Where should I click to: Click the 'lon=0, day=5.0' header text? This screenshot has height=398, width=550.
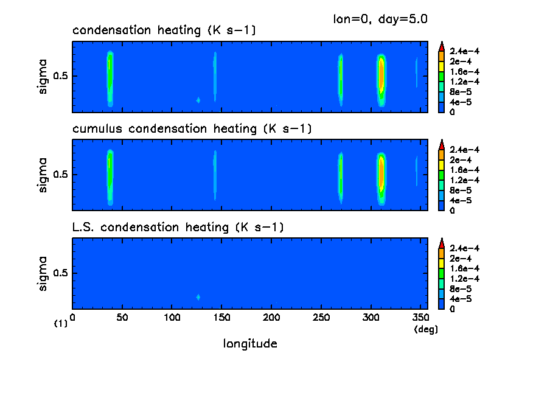pos(380,18)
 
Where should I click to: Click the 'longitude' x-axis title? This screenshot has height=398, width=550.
pos(250,344)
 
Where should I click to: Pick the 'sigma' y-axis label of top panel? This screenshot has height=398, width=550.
pos(43,77)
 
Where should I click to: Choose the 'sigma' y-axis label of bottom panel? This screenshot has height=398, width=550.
pos(43,274)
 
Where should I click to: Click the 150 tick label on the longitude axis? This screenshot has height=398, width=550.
pos(222,317)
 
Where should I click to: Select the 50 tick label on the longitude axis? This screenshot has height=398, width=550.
pos(122,317)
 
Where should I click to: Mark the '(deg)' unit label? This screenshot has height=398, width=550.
pos(426,329)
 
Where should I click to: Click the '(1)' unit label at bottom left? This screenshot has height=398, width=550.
pos(61,324)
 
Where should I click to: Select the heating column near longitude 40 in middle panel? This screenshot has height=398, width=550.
pos(110,173)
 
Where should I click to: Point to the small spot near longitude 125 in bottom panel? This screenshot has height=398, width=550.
pos(198,297)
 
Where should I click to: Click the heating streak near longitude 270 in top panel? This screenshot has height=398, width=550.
pos(341,78)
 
